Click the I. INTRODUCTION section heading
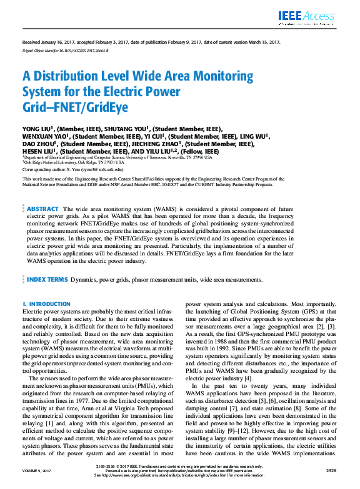[x=46, y=304]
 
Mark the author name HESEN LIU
[x=40, y=151]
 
